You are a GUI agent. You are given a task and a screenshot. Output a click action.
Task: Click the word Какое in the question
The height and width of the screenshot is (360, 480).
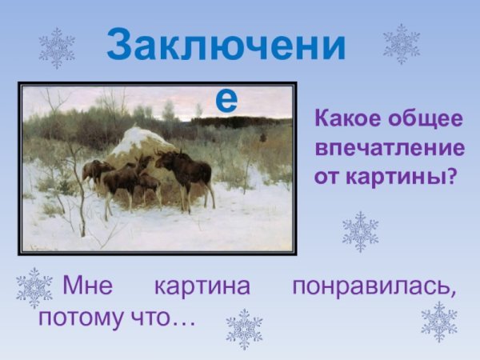coord(346,120)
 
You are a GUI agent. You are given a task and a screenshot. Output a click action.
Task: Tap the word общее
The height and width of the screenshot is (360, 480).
coord(424,120)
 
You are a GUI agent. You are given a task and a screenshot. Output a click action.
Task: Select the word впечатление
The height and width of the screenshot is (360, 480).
coord(389,148)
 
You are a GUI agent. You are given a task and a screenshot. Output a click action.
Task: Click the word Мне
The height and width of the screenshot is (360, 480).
coord(89,286)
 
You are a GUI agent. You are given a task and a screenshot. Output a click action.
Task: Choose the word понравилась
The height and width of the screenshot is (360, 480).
coord(374,286)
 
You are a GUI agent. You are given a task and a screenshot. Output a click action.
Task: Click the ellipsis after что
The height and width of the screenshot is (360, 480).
coord(183,318)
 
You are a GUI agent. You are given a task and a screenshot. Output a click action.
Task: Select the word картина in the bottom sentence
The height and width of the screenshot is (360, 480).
coord(202,286)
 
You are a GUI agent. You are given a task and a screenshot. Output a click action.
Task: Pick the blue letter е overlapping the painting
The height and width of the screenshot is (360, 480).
coord(227,98)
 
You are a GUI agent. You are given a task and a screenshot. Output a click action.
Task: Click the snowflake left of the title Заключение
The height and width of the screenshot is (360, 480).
coord(57,48)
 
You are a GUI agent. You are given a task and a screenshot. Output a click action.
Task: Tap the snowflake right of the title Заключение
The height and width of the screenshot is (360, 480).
coord(402,44)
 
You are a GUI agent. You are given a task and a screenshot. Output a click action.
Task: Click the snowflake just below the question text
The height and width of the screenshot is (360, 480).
coord(360,232)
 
